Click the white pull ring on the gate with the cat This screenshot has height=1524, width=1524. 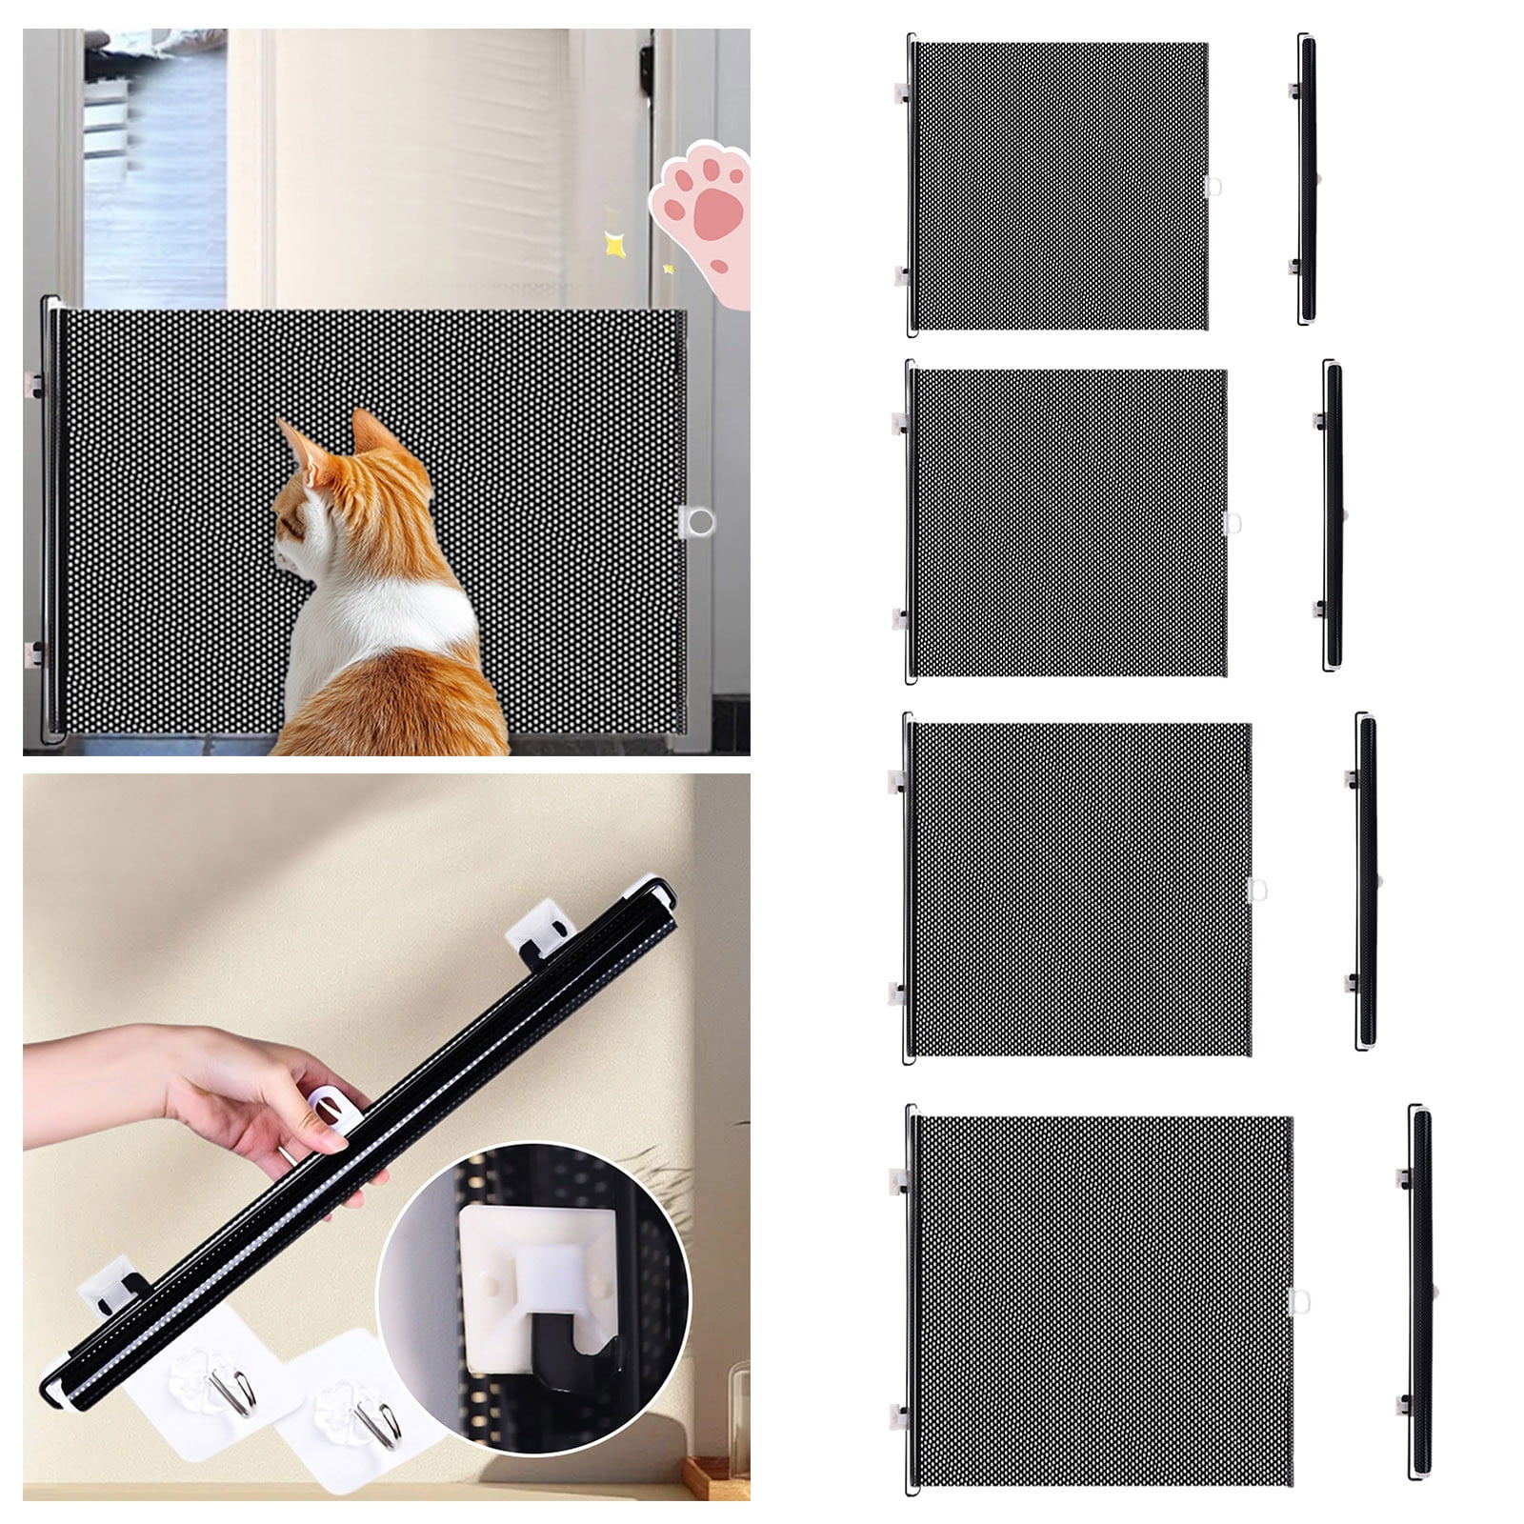698,521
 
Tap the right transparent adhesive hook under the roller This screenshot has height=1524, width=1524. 357,1406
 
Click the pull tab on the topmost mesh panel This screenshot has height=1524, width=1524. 1213,186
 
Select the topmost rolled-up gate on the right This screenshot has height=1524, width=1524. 1306,181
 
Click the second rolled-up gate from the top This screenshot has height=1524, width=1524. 1333,514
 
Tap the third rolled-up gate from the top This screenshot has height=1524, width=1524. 1366,881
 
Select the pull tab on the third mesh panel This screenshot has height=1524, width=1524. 1257,889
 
